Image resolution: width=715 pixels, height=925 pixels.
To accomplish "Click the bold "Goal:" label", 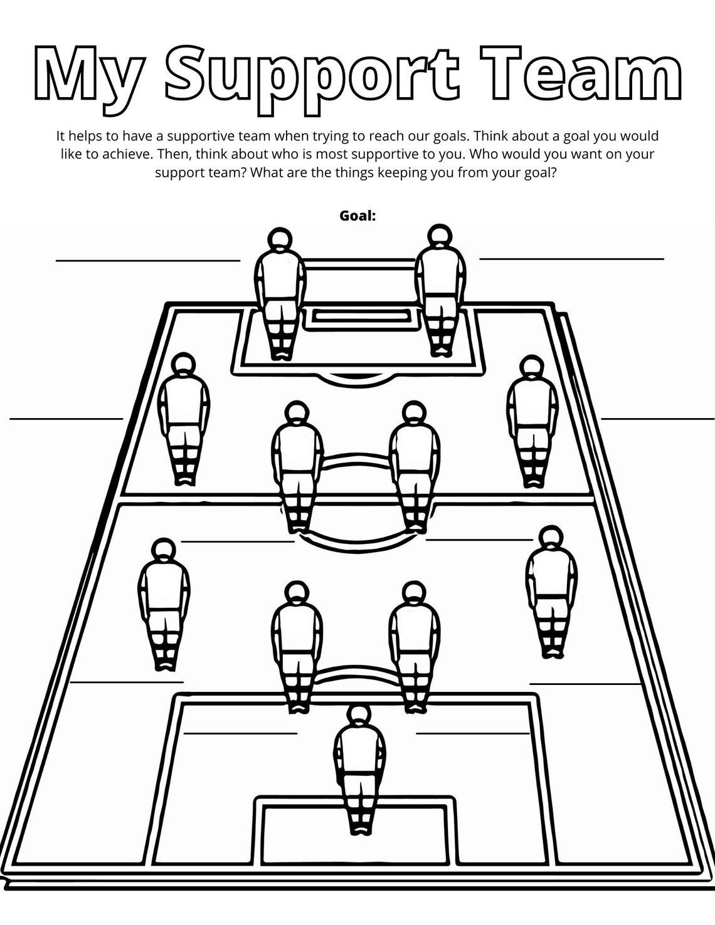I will tap(357, 216).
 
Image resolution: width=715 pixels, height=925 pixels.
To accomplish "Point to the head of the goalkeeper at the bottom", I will tap(358, 716).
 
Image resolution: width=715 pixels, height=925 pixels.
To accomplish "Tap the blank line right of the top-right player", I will tap(571, 258).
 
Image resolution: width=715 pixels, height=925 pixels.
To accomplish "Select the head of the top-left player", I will tap(280, 239).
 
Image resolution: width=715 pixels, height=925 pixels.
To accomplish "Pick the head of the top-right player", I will tap(440, 236).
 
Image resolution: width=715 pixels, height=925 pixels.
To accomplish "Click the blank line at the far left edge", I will tap(66, 418).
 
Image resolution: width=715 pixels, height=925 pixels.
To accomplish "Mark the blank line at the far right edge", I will tap(657, 418).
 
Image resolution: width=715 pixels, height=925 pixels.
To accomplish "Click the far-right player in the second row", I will tap(532, 420).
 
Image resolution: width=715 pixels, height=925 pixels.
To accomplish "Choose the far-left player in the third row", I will tap(164, 602).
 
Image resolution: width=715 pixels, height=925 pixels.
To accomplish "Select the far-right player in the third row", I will tap(551, 589).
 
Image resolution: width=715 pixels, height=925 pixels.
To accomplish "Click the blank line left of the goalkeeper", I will tap(240, 733).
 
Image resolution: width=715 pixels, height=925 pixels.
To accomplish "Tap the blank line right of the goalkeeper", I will tap(473, 733).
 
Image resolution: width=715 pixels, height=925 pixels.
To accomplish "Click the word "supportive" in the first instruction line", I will tap(204, 135).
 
